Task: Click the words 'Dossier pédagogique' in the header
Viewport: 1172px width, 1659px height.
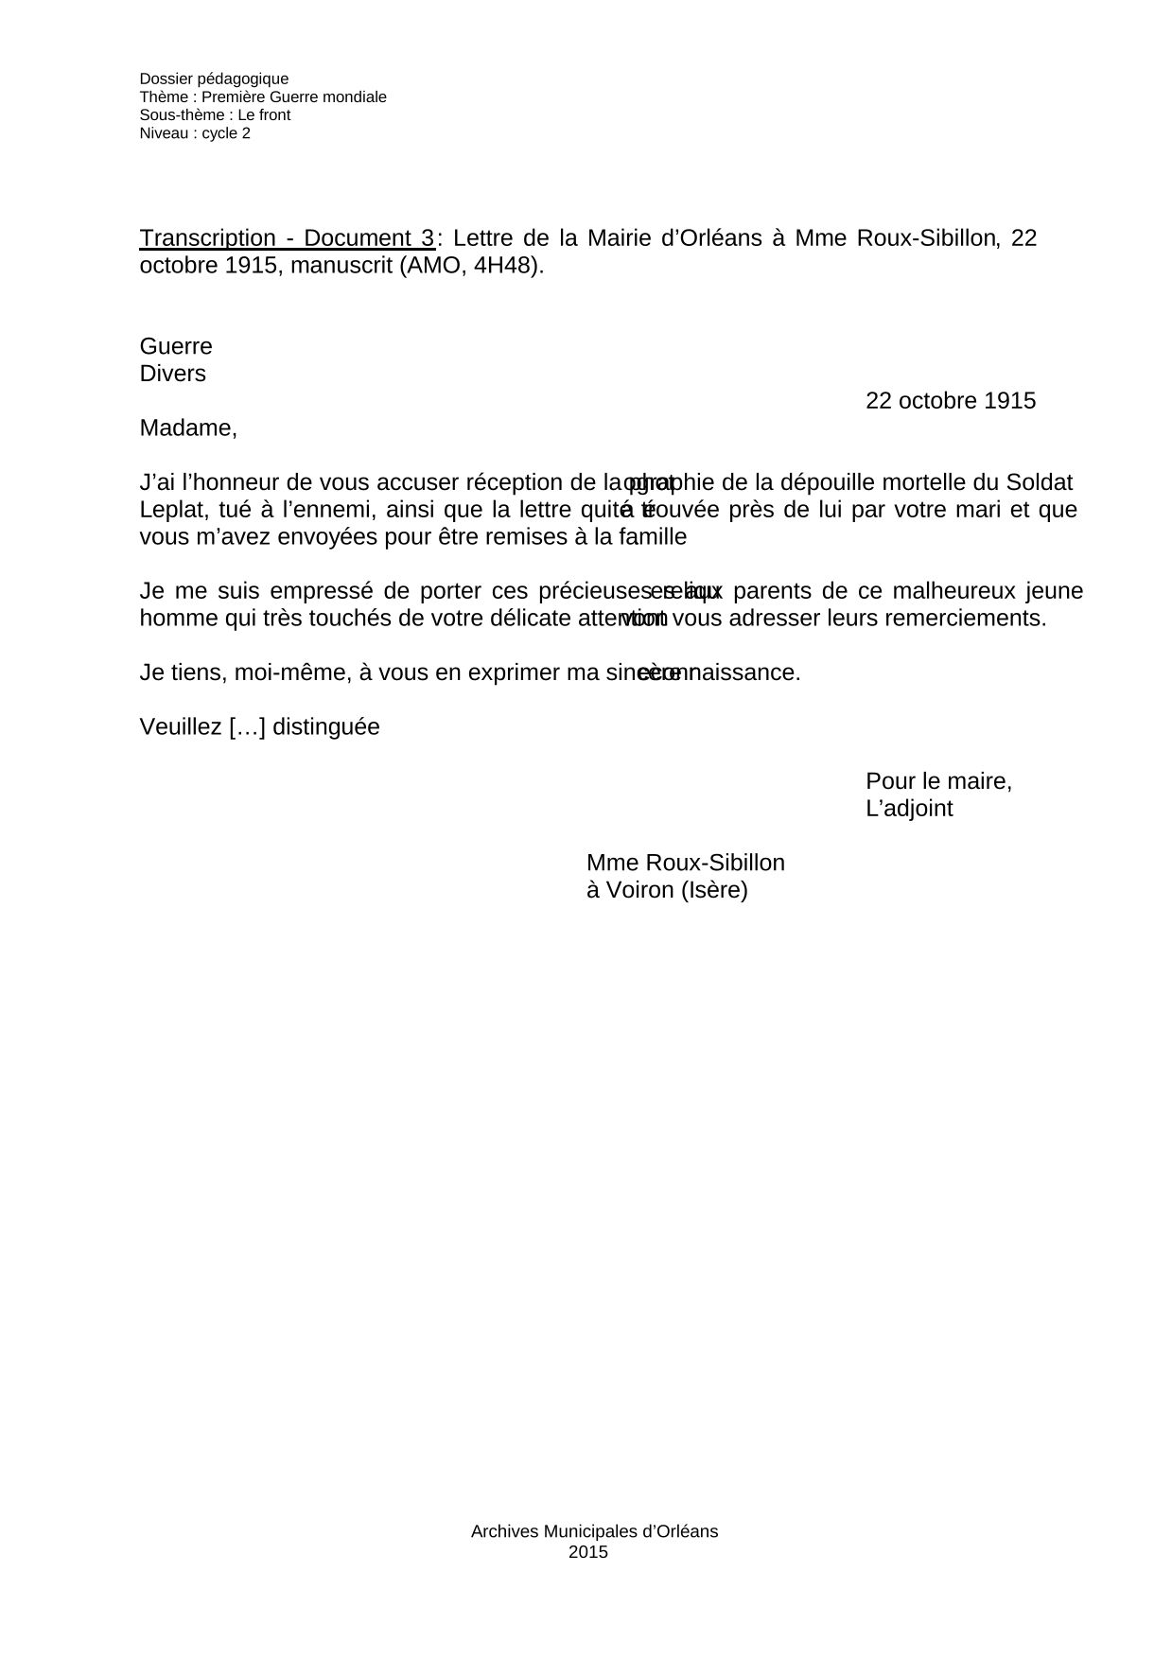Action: [x=214, y=79]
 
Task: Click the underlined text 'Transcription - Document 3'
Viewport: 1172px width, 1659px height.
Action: [x=288, y=238]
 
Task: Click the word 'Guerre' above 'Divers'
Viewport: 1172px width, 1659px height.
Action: [x=176, y=346]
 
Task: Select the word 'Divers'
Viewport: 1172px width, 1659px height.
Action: [x=173, y=374]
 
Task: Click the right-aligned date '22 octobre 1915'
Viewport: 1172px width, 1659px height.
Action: [x=951, y=401]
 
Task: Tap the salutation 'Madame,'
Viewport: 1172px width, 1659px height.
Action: [x=188, y=428]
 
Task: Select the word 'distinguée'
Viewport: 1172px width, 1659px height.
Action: [x=328, y=727]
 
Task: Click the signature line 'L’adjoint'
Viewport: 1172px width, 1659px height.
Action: [x=909, y=810]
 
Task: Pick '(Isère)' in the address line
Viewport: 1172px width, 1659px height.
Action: [x=714, y=891]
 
